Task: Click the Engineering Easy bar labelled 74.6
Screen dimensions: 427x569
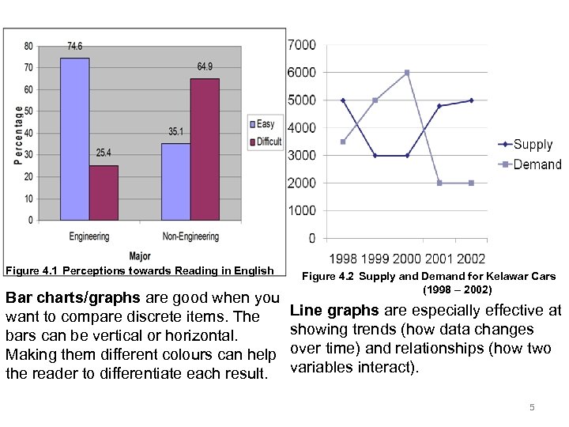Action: [75, 139]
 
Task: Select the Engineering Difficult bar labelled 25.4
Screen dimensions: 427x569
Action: [104, 193]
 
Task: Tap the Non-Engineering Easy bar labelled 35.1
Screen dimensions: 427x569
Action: [175, 182]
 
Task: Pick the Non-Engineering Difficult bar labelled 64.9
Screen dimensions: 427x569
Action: [205, 149]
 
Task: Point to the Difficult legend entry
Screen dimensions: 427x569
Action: [267, 142]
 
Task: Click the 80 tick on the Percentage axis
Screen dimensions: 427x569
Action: [28, 46]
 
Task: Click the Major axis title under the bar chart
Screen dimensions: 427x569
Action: [140, 256]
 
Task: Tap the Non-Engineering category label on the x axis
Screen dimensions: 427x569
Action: [190, 236]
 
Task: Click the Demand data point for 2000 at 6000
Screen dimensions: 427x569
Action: [407, 73]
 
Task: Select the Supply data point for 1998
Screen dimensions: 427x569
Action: [343, 100]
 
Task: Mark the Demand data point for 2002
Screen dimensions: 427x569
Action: [472, 183]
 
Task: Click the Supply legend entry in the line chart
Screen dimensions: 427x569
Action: [526, 145]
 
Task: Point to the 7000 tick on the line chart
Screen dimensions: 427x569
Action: [301, 44]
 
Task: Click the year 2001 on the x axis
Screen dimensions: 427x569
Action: [439, 259]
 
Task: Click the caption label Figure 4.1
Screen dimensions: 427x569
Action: [32, 271]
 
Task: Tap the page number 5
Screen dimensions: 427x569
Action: [532, 407]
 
